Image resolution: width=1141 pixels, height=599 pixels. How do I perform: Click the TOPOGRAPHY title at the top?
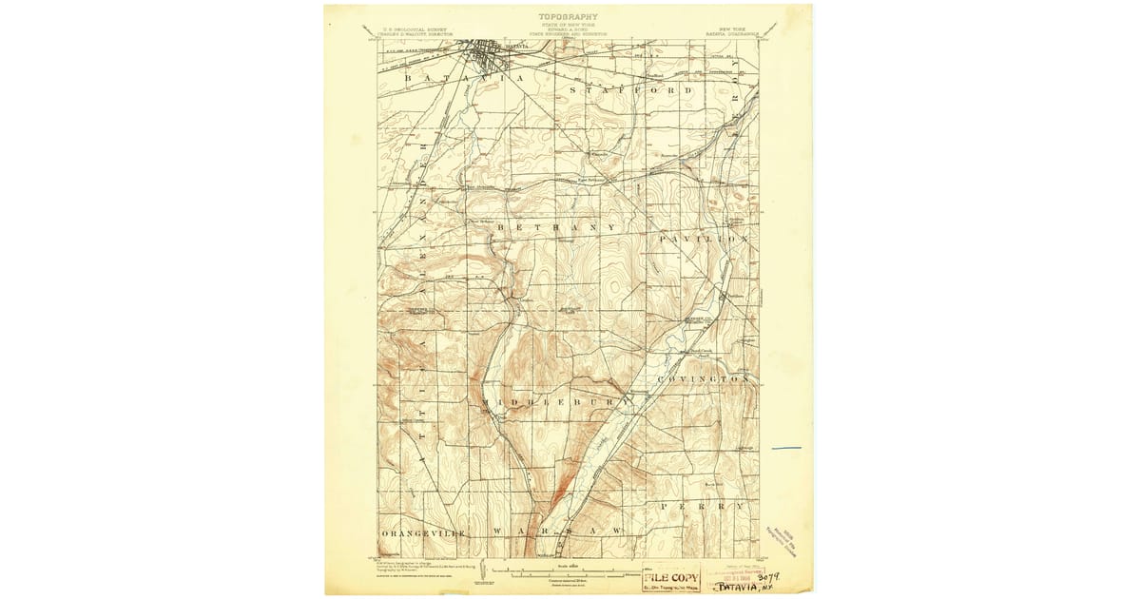tap(569, 16)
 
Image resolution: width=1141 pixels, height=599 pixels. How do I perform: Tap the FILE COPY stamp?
tap(671, 577)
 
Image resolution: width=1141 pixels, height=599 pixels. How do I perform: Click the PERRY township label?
tap(704, 506)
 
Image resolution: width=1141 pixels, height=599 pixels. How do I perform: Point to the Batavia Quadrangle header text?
tap(726, 32)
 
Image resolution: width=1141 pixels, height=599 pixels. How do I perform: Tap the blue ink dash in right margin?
tap(786, 447)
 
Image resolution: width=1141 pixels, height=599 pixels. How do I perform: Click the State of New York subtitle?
tap(569, 25)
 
